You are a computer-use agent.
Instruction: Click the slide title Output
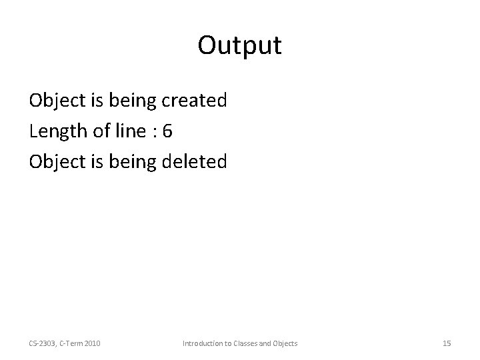click(240, 46)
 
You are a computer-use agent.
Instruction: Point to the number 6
click(167, 131)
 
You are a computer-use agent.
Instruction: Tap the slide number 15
click(447, 343)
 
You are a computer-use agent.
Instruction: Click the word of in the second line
click(99, 131)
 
